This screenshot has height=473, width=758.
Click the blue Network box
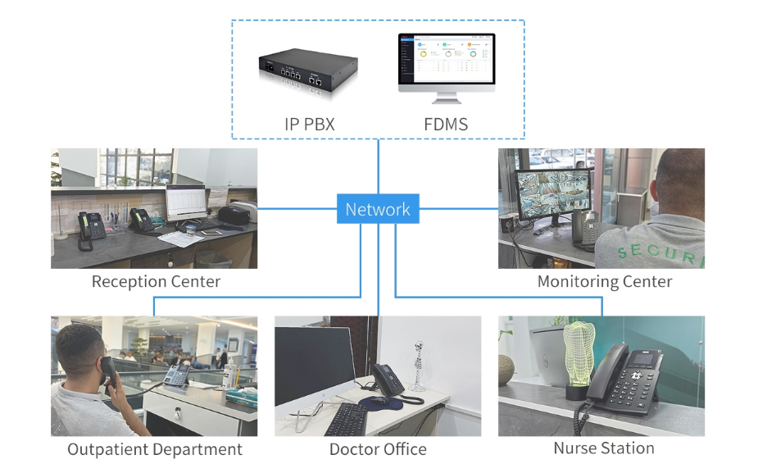coord(378,209)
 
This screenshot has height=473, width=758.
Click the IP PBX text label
coord(309,125)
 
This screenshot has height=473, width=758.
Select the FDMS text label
coord(445,125)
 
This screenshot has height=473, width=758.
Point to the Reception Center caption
coord(156,282)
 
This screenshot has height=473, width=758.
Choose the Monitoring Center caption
coord(604,282)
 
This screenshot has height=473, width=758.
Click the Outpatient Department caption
coord(155,449)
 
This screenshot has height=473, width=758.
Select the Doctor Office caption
coord(378,449)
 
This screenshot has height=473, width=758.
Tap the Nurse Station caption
coord(603,448)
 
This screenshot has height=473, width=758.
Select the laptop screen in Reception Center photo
coord(184,202)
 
